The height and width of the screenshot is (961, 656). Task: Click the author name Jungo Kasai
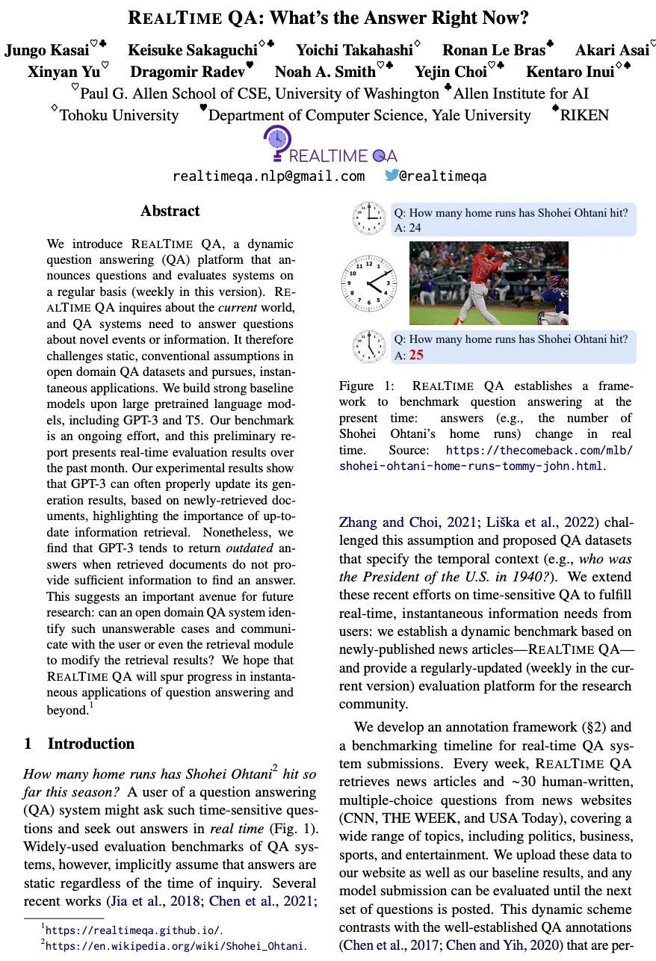tap(46, 51)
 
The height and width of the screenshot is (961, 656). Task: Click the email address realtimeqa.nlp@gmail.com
tap(268, 176)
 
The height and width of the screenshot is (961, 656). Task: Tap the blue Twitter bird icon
tap(392, 176)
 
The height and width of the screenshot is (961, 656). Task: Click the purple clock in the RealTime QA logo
tap(278, 139)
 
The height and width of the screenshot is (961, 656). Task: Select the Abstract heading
tap(170, 211)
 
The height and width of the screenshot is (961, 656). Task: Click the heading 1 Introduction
tap(79, 744)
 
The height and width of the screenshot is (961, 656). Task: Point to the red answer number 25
tap(416, 355)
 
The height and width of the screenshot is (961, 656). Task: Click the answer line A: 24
tap(408, 228)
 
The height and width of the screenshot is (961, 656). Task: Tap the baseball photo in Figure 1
tap(489, 282)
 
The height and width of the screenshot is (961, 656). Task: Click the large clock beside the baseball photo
tap(369, 284)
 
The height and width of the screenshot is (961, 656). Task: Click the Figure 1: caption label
tap(371, 386)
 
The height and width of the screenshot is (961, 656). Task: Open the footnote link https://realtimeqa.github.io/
tap(134, 930)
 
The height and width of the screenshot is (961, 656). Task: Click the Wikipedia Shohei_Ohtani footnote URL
tap(175, 946)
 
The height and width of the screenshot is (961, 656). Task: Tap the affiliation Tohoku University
tap(120, 115)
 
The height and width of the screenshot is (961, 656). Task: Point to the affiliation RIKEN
tap(584, 115)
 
